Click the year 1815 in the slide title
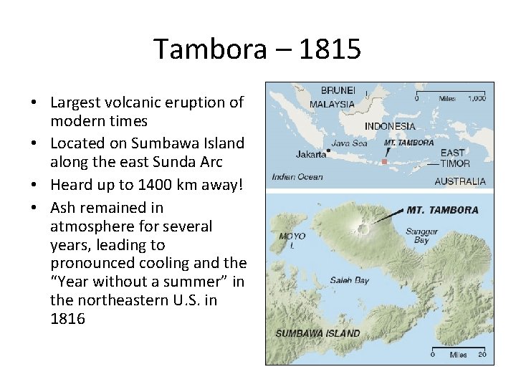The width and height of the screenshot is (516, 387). (x=331, y=49)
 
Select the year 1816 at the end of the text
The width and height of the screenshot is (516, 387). (x=67, y=319)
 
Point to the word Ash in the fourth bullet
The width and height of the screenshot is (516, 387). (x=63, y=208)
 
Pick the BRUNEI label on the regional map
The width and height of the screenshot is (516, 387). (x=338, y=90)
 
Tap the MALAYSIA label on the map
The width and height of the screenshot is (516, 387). (x=332, y=104)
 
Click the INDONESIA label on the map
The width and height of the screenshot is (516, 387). (x=390, y=126)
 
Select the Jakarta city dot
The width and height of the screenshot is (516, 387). (x=328, y=150)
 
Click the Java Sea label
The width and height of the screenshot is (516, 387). (x=349, y=143)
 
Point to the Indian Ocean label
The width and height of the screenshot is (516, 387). (x=297, y=177)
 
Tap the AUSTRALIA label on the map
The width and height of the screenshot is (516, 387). (x=459, y=181)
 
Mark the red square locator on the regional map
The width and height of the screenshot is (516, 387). (x=384, y=162)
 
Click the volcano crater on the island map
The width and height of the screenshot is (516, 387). (x=363, y=229)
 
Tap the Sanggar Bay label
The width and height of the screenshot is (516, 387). (x=421, y=236)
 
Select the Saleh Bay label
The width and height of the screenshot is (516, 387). (x=350, y=280)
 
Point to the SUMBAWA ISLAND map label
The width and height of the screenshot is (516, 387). (x=317, y=334)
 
